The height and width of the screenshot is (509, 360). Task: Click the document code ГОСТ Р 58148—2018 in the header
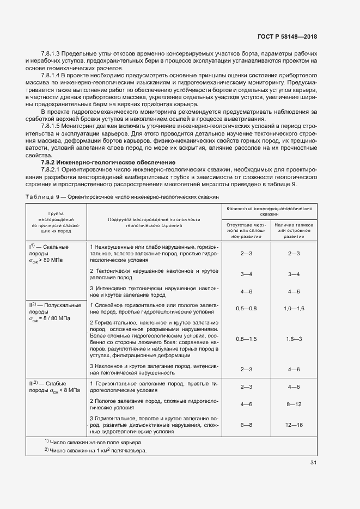(x=286, y=36)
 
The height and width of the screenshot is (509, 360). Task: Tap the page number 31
(x=313, y=463)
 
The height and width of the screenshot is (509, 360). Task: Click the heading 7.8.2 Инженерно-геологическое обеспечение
(x=108, y=162)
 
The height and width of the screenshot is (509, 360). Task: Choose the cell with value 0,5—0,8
(x=246, y=309)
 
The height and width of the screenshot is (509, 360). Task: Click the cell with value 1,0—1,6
(x=294, y=309)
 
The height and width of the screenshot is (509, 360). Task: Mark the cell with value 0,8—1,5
(x=246, y=339)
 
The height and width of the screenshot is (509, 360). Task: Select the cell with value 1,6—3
(x=294, y=339)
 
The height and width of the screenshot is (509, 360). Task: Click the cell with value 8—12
(x=294, y=404)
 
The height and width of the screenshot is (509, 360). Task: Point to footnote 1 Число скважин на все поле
(x=95, y=441)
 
